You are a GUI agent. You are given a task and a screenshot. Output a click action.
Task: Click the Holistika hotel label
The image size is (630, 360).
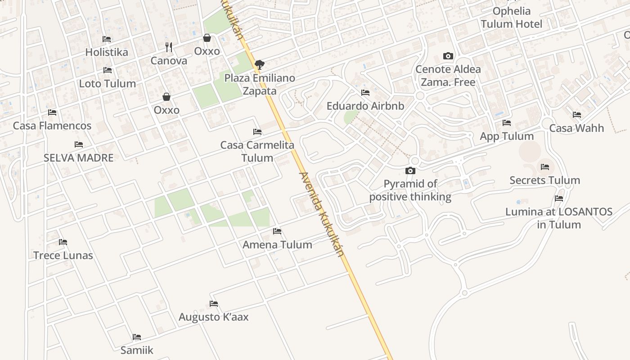click(107, 52)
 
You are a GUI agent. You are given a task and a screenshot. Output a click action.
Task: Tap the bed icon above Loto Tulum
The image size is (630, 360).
click(108, 70)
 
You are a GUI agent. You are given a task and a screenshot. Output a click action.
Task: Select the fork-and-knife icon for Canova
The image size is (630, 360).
click(169, 47)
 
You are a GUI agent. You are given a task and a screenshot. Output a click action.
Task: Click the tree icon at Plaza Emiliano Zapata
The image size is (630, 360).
click(259, 65)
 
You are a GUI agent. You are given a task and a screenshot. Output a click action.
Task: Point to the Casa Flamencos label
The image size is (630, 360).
click(52, 126)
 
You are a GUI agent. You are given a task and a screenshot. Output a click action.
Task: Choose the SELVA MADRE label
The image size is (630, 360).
click(79, 158)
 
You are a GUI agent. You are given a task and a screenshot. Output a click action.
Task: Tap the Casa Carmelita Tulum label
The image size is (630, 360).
click(257, 151)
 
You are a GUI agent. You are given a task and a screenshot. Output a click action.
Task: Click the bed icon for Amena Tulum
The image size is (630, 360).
click(277, 231)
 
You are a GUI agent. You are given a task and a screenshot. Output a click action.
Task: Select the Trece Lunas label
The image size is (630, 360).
click(63, 256)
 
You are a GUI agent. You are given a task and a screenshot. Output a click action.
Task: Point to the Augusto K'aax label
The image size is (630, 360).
click(214, 317)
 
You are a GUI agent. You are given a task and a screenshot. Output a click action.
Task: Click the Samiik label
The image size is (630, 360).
click(137, 350)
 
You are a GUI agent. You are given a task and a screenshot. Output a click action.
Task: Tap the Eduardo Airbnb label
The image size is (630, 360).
click(365, 106)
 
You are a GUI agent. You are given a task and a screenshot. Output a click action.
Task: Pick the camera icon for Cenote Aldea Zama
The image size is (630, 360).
click(448, 56)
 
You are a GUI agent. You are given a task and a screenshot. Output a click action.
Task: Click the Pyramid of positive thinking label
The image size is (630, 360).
click(410, 190)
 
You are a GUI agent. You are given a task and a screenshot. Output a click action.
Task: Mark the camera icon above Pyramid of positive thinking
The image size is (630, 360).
click(410, 171)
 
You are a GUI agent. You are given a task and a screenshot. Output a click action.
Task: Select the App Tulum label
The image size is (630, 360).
click(507, 136)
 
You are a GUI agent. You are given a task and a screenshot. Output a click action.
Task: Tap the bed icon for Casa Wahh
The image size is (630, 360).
click(577, 115)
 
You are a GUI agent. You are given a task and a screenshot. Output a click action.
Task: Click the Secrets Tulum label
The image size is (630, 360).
click(544, 180)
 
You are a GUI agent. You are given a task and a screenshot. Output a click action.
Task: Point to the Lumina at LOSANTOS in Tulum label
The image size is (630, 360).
click(559, 218)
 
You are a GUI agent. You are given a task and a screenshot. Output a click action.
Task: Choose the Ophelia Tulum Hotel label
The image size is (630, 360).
click(512, 18)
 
